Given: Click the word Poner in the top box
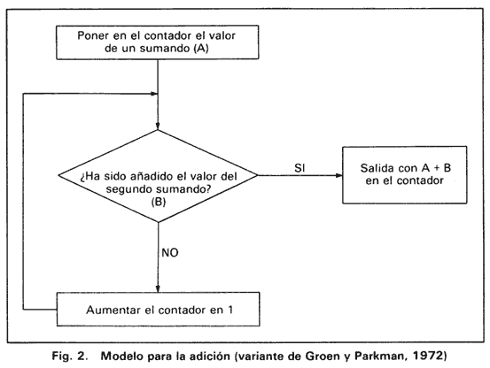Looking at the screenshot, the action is (93, 35).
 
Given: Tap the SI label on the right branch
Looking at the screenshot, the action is (299, 168).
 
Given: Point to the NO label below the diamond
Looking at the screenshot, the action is (170, 253).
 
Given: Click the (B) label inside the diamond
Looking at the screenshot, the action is (159, 202).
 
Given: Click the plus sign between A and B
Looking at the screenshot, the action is (437, 168).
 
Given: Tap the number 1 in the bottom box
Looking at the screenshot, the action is (230, 310).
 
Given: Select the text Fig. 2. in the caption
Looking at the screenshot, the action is (69, 356).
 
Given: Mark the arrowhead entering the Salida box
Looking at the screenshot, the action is (339, 175).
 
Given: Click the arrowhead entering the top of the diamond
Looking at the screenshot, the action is (158, 126).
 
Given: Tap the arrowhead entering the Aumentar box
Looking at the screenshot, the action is (158, 288).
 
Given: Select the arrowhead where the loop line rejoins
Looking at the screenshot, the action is (154, 94).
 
